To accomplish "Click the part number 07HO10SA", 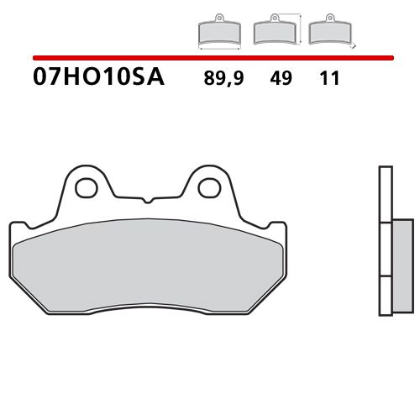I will pos(98,79).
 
